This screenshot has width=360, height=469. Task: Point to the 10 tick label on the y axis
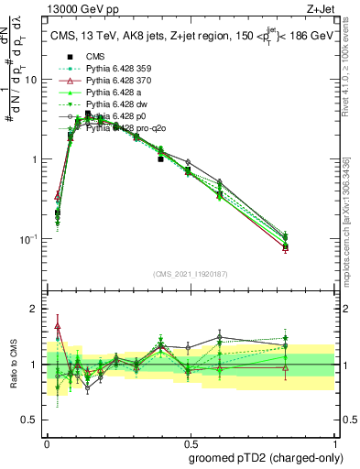tap(30, 80)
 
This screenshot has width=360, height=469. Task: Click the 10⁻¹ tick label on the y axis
tap(28, 239)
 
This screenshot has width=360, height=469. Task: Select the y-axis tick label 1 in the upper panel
tap(33, 159)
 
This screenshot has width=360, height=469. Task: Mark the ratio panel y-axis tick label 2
tap(33, 310)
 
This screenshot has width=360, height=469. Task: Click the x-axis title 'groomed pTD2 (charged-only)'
tap(267, 457)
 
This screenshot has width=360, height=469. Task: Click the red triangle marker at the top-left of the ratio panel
tap(58, 325)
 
